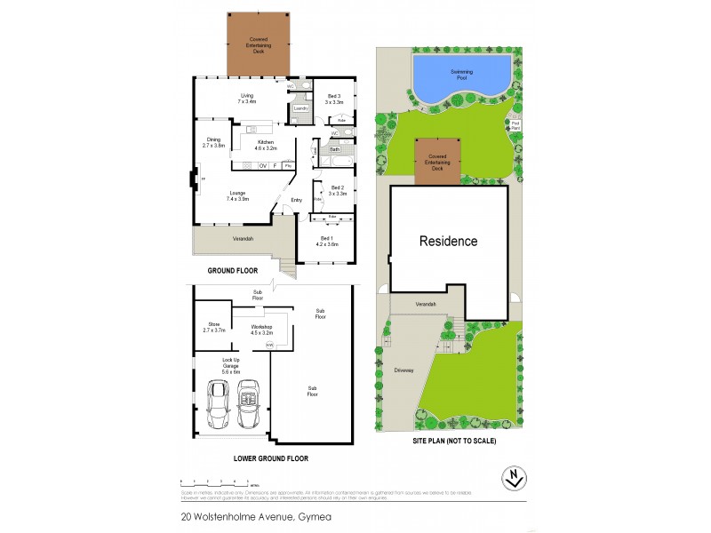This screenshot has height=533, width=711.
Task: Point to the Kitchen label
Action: click(267, 145)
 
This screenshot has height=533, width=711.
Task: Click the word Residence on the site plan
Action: click(448, 241)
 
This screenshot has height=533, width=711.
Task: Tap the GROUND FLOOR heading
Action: click(232, 270)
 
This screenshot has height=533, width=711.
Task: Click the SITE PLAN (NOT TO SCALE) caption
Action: click(455, 441)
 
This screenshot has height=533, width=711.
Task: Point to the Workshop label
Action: click(260, 329)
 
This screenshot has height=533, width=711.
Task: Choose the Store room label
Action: click(214, 327)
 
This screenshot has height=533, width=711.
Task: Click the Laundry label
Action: click(300, 108)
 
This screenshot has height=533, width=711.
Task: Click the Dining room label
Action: click(213, 142)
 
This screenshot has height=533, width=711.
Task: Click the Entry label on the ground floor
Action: click(297, 200)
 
